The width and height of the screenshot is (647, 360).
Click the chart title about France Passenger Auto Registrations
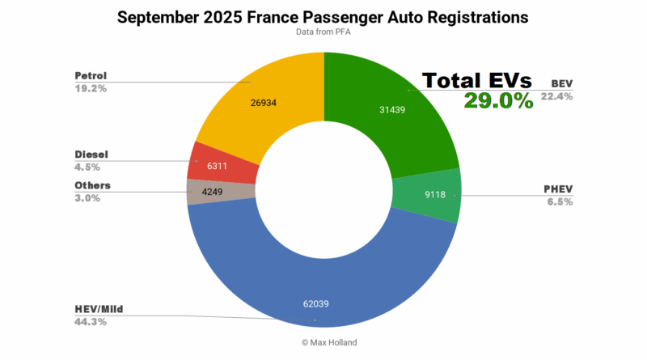click(323, 16)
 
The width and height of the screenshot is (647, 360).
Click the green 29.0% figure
click(498, 100)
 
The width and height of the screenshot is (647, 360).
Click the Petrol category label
click(90, 76)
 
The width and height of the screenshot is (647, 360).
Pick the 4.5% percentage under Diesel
click(87, 167)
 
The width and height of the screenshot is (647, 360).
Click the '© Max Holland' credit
click(323, 342)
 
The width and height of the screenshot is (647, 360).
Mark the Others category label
click(92, 185)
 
